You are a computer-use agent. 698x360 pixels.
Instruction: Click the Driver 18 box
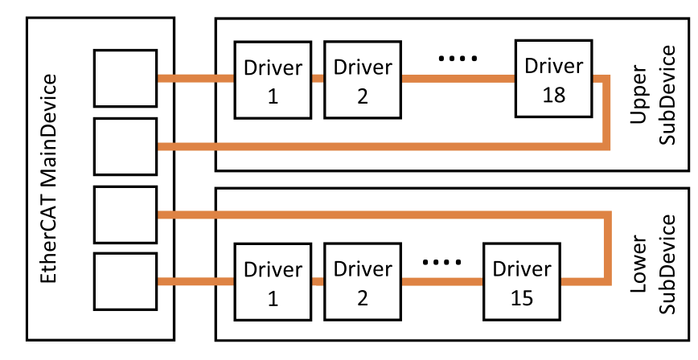click(554, 79)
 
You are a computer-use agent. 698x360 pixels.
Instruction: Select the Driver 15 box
click(522, 282)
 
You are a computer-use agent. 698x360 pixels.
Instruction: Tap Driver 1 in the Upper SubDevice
click(273, 80)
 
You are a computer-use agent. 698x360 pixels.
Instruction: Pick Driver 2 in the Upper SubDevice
click(363, 80)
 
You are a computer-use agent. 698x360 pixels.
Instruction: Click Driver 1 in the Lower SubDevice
click(273, 282)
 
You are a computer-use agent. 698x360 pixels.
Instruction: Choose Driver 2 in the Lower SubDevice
click(363, 282)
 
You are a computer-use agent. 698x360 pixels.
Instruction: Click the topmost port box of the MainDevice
click(125, 78)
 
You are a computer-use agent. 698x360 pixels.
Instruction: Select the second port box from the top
click(125, 146)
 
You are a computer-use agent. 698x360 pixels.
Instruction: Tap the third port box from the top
click(125, 215)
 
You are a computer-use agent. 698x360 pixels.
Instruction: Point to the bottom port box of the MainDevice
click(125, 282)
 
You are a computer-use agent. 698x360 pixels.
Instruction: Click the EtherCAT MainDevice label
click(48, 179)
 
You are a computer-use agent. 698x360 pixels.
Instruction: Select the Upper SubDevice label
click(653, 95)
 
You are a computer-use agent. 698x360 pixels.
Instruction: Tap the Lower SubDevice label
click(653, 264)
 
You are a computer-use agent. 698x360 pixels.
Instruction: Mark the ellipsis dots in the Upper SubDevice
click(458, 59)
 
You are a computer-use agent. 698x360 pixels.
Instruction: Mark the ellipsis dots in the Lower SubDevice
click(442, 262)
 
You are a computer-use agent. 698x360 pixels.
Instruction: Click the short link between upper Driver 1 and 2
click(318, 79)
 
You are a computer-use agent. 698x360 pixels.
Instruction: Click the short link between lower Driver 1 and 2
click(318, 281)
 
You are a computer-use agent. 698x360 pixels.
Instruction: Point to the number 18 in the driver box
click(554, 95)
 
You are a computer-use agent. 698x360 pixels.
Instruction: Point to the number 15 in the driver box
click(522, 298)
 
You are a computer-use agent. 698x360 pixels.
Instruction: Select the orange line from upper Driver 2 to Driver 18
click(458, 79)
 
